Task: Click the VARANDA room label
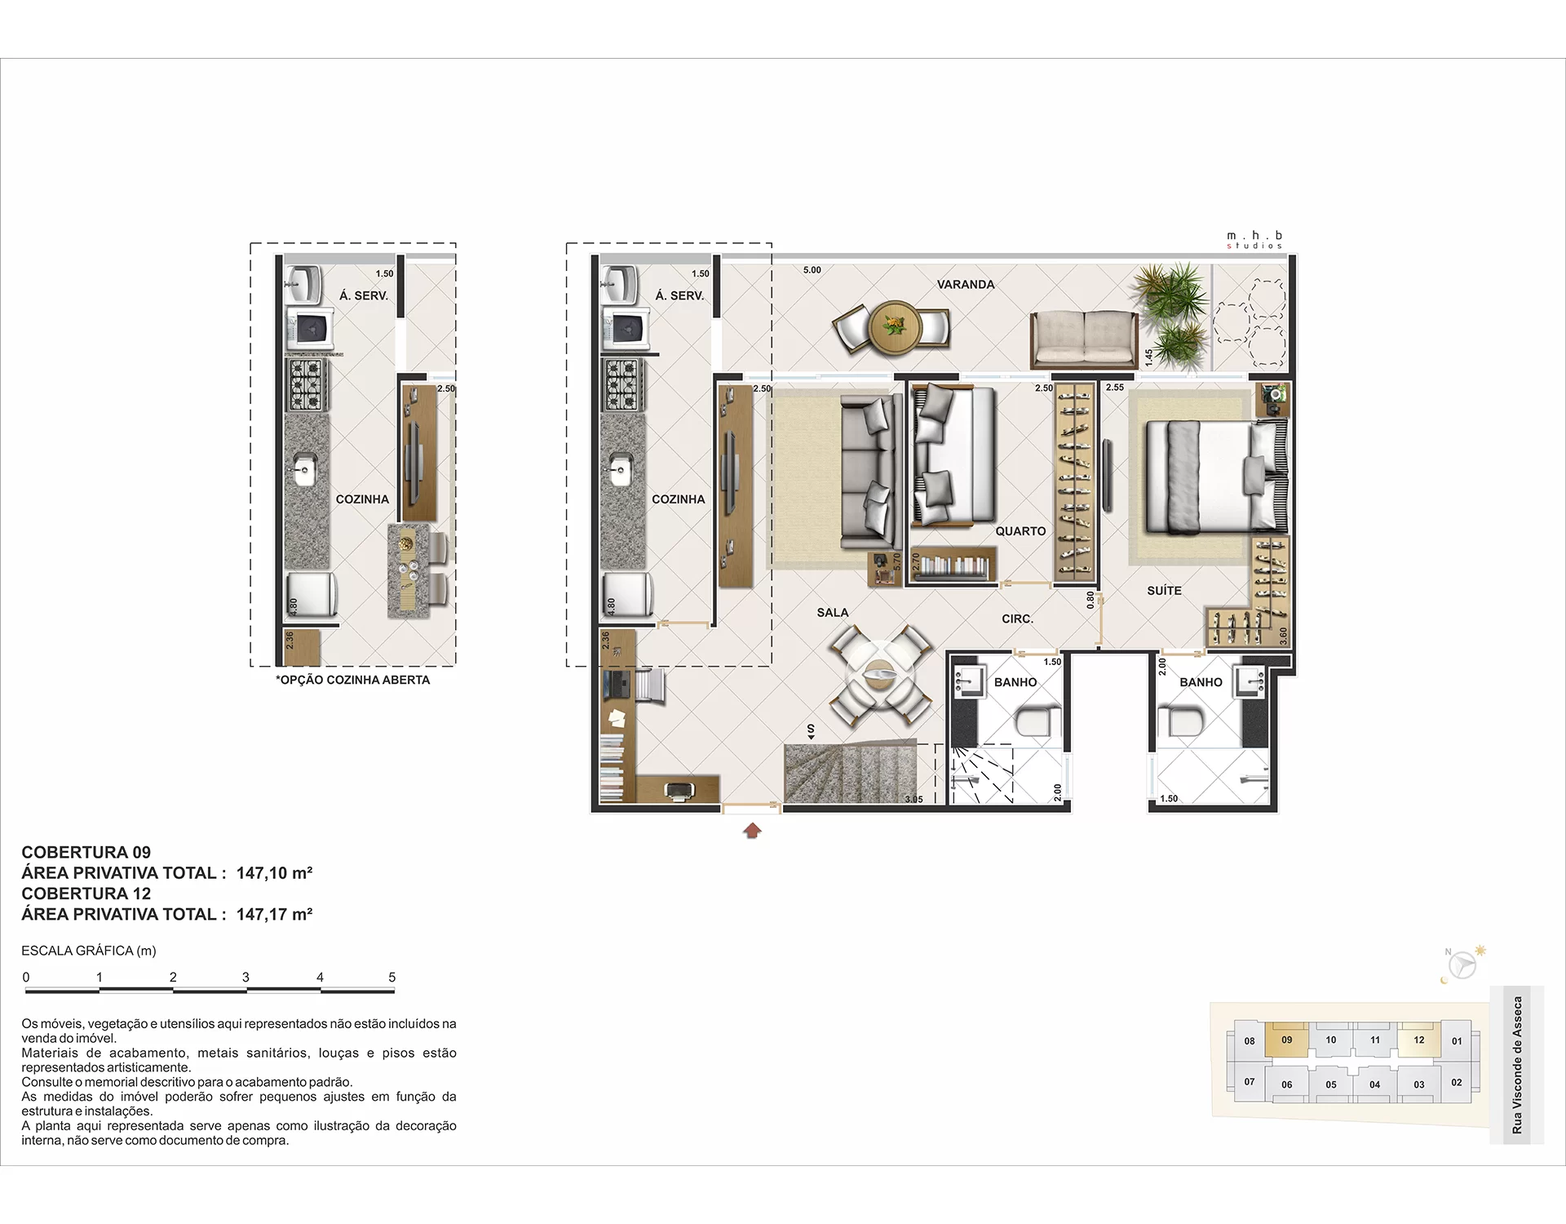[966, 285]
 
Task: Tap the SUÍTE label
[1164, 591]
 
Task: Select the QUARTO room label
[1020, 531]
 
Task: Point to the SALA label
[833, 613]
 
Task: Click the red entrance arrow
[752, 831]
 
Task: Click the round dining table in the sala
[880, 676]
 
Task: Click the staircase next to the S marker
[852, 773]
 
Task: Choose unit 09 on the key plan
[1287, 1040]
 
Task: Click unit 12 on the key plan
[1419, 1040]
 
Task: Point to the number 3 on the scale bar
[246, 978]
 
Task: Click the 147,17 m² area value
[274, 915]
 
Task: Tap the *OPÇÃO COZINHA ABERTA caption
[352, 680]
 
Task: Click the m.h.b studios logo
[1254, 240]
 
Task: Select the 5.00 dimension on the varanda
[812, 270]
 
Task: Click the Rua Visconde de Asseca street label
[1517, 1065]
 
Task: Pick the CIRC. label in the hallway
[1018, 619]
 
